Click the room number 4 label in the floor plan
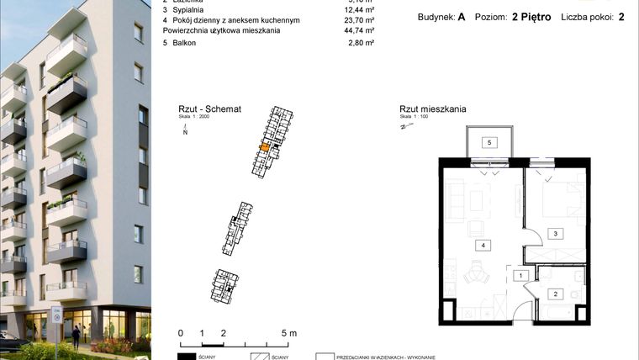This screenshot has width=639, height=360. [x=483, y=246]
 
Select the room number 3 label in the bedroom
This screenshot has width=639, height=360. [x=554, y=233]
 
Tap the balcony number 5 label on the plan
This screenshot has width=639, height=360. [x=487, y=143]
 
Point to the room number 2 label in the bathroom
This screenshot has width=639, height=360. [x=555, y=294]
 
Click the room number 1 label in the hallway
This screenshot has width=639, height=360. [x=521, y=275]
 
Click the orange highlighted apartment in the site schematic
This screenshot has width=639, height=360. [x=264, y=147]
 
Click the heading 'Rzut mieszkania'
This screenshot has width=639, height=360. [x=432, y=109]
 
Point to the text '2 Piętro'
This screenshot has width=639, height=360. [x=531, y=17]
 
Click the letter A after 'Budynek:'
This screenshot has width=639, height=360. [x=462, y=17]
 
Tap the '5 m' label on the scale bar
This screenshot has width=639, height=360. [x=288, y=333]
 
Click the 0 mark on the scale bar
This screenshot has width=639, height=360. [x=181, y=333]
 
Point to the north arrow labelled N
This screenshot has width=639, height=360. [x=185, y=129]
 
